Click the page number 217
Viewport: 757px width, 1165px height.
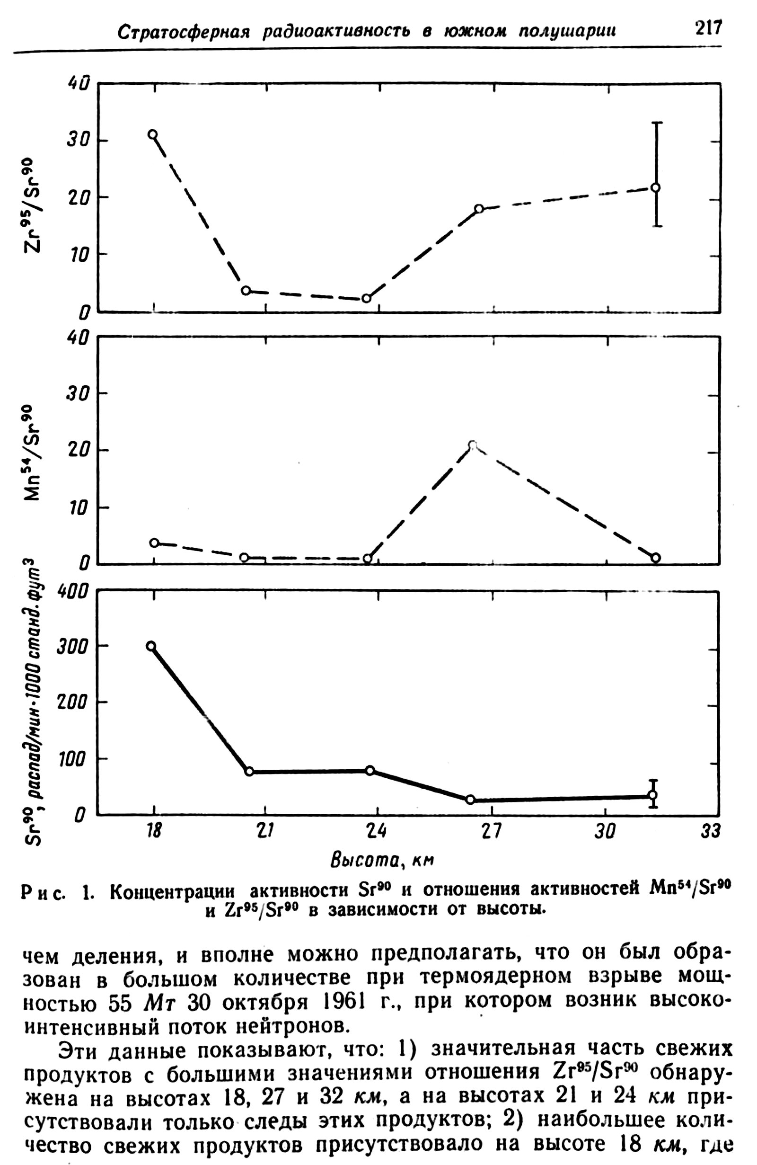click(708, 28)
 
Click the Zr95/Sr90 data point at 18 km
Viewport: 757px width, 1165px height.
click(153, 134)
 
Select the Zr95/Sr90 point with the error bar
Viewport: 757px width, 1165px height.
click(656, 187)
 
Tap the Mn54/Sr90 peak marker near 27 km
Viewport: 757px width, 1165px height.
click(472, 445)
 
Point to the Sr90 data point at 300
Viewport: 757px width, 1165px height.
click(151, 646)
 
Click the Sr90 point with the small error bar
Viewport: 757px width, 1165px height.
click(653, 794)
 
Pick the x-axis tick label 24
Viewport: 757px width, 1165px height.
click(376, 831)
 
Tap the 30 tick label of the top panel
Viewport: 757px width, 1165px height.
click(77, 141)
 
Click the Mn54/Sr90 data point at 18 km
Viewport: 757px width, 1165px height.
click(154, 543)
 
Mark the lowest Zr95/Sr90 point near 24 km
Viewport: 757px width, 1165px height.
click(366, 298)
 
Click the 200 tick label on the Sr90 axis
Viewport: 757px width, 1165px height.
click(72, 703)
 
